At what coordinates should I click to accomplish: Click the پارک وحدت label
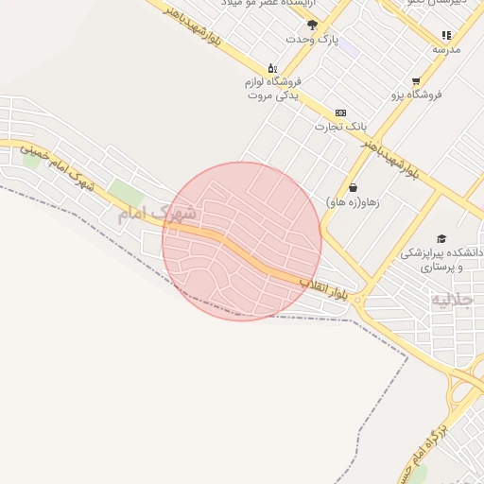(x=313, y=39)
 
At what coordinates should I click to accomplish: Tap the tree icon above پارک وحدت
(x=313, y=25)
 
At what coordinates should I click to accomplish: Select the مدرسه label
(x=446, y=49)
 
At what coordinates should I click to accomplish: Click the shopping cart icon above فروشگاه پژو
(x=416, y=81)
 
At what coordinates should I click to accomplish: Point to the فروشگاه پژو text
(x=416, y=95)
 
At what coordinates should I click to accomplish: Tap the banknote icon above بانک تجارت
(x=340, y=112)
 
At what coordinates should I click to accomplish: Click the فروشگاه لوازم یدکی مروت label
(x=272, y=89)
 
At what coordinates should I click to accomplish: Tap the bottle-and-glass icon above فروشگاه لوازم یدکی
(x=272, y=67)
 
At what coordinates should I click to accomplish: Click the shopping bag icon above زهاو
(x=353, y=188)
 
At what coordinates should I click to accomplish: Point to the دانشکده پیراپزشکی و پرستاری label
(x=441, y=260)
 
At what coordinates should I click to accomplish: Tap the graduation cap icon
(x=441, y=238)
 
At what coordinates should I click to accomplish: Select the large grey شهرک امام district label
(x=156, y=213)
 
